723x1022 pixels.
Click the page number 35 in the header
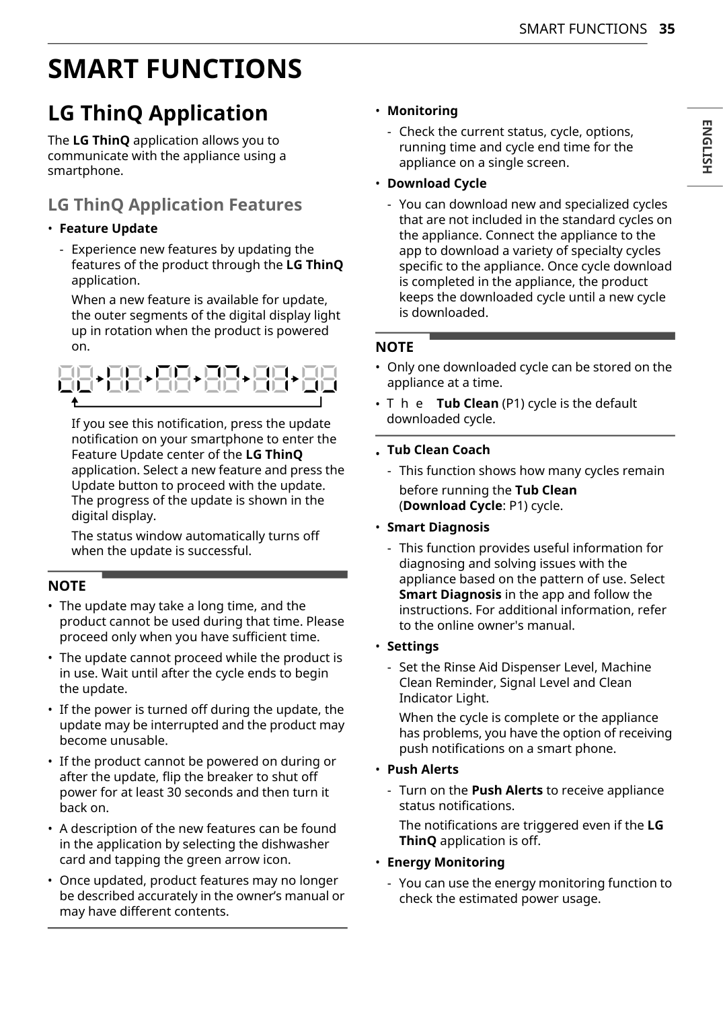coord(667,29)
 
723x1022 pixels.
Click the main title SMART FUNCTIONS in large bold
coord(175,69)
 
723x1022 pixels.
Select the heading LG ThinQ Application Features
coord(175,205)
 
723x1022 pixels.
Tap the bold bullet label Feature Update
coord(108,229)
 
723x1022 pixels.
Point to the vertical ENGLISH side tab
coord(706,147)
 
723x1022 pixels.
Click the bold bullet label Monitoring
coord(422,111)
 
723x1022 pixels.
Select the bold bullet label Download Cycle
coord(436,184)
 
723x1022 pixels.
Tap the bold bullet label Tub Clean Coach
coord(439,450)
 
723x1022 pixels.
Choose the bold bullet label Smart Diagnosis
coord(438,527)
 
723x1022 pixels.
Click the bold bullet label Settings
coord(412,647)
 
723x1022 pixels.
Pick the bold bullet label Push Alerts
coord(422,770)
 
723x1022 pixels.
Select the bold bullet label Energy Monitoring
coord(445,863)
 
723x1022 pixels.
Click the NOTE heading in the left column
coord(67,586)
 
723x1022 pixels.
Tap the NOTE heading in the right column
coord(395,347)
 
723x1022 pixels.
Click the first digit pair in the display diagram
coord(75,379)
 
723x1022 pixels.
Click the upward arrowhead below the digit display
coord(75,402)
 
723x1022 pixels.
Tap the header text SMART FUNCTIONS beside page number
coord(582,29)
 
